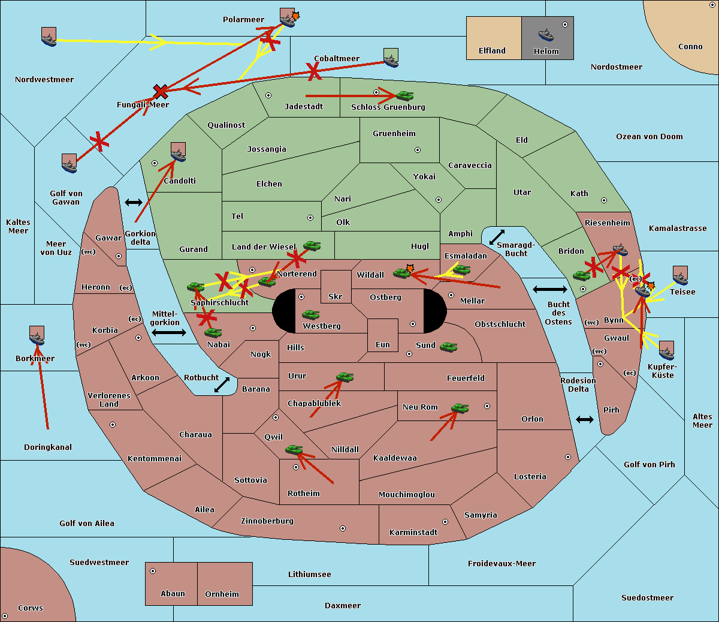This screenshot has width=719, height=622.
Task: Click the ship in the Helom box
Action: [546, 34]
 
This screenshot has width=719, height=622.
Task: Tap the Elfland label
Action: [492, 51]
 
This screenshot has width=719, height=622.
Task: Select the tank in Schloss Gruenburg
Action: [405, 95]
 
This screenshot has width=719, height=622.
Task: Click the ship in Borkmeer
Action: [37, 337]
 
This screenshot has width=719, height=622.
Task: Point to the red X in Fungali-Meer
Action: [161, 92]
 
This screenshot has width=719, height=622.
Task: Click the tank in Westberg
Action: [310, 314]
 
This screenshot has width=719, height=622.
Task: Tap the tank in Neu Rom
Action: [460, 408]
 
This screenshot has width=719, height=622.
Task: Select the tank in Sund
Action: [449, 347]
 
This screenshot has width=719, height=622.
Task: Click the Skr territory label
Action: [336, 296]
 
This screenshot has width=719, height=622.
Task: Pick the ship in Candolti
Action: [178, 154]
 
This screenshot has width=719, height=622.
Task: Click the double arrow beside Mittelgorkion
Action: [169, 332]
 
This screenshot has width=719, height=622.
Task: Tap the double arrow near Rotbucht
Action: [222, 384]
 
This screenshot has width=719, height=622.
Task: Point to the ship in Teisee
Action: [680, 277]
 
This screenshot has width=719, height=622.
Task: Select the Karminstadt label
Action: [413, 532]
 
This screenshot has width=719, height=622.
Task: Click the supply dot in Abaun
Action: [153, 571]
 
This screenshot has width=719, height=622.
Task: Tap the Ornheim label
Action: [222, 594]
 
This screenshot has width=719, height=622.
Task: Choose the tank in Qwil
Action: [294, 449]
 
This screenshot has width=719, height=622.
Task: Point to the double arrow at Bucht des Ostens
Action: [549, 290]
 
